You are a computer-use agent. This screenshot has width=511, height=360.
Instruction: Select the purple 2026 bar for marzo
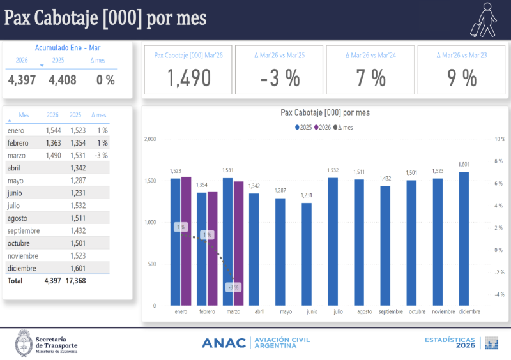pyautogui.click(x=239, y=243)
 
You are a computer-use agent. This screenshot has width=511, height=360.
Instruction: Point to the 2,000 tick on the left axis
pyautogui.click(x=150, y=139)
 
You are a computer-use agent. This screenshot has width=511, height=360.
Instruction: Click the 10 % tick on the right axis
pyautogui.click(x=500, y=139)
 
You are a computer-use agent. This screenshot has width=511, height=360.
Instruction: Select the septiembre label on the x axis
pyautogui.click(x=390, y=311)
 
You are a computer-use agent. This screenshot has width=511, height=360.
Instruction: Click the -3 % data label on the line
pyautogui.click(x=234, y=287)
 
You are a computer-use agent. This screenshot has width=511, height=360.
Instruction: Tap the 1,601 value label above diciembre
pyautogui.click(x=464, y=165)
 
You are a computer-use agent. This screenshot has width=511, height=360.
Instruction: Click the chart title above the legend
pyautogui.click(x=325, y=112)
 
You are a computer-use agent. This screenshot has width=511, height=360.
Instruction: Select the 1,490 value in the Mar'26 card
pyautogui.click(x=189, y=78)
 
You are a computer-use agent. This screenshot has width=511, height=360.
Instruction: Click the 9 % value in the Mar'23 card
pyautogui.click(x=462, y=78)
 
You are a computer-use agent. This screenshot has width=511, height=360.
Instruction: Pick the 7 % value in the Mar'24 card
pyautogui.click(x=371, y=78)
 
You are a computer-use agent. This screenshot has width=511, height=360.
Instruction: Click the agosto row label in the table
pyautogui.click(x=17, y=218)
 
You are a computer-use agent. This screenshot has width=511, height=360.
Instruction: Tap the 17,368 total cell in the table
pyautogui.click(x=75, y=281)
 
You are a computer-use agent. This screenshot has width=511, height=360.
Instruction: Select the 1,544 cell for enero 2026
pyautogui.click(x=52, y=130)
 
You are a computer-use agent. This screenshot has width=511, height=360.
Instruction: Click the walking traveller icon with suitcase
pyautogui.click(x=485, y=19)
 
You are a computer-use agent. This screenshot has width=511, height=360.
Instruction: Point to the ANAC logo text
pyautogui.click(x=224, y=343)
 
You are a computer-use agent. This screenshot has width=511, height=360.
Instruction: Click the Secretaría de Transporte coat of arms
pyautogui.click(x=24, y=343)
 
